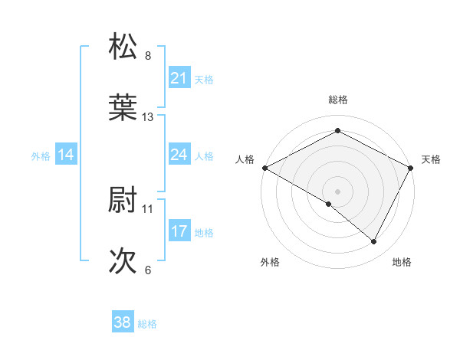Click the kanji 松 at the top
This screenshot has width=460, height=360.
click(x=123, y=47)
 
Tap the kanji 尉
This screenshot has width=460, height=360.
click(x=123, y=201)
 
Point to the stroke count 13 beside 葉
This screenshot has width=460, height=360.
click(x=149, y=117)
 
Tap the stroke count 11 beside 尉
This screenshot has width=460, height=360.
click(x=149, y=208)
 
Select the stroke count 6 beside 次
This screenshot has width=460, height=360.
click(x=148, y=270)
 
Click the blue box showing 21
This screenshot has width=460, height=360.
click(x=179, y=77)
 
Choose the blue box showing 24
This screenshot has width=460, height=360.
click(x=179, y=155)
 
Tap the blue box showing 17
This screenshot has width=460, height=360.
click(x=179, y=231)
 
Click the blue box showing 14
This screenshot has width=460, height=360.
click(x=66, y=155)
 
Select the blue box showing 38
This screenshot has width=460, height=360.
click(x=122, y=323)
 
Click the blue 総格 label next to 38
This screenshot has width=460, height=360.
click(x=147, y=324)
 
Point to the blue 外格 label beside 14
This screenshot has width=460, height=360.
click(x=41, y=155)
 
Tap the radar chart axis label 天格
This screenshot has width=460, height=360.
click(x=431, y=159)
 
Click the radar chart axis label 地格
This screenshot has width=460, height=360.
click(x=402, y=263)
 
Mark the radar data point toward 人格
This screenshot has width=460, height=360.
click(x=264, y=167)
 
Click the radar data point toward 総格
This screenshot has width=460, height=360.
click(x=337, y=130)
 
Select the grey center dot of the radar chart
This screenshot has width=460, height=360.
click(x=337, y=191)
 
